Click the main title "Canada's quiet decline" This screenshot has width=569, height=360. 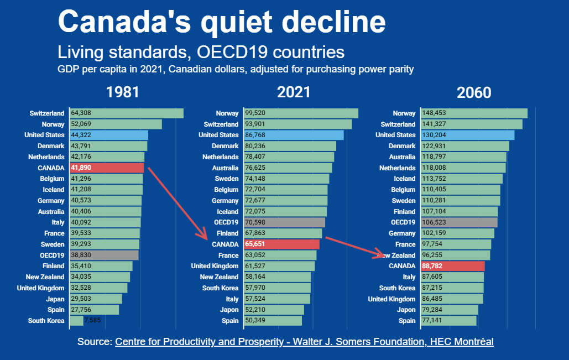(x=221, y=22)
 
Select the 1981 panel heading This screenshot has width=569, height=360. (x=123, y=92)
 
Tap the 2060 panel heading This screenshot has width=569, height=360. (x=473, y=92)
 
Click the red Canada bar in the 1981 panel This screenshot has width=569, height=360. (x=107, y=168)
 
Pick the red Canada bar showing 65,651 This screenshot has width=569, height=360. (x=281, y=244)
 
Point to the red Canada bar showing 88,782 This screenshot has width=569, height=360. (x=452, y=266)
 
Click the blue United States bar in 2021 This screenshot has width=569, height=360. (x=294, y=135)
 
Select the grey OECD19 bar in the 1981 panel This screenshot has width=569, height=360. (x=104, y=255)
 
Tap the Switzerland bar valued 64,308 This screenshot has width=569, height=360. (x=126, y=113)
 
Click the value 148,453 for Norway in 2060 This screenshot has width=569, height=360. (x=434, y=113)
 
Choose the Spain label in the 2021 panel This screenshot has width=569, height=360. (x=229, y=321)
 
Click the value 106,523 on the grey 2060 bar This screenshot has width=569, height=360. (x=434, y=222)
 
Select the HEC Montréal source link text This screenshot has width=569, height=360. (x=304, y=342)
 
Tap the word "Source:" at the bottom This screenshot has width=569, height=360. (x=95, y=342)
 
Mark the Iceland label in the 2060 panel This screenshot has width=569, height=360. (x=404, y=179)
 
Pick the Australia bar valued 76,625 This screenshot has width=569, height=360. (x=288, y=168)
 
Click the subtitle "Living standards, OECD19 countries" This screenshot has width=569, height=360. (x=201, y=53)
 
